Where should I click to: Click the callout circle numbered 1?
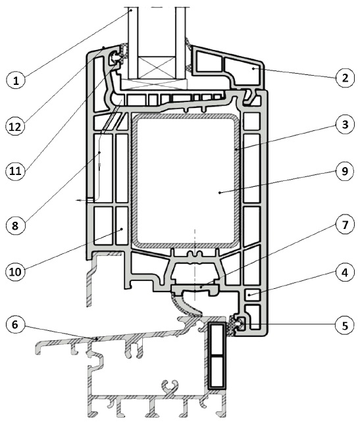coord(16,80)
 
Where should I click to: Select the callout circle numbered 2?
coord(345,78)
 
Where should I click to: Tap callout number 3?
coord(345,124)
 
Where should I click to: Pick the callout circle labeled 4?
coord(345,272)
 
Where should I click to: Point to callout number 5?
coord(345,325)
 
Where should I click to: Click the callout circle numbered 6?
coord(16,324)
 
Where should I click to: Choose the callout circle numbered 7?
coord(345,225)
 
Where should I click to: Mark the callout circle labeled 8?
coord(16,226)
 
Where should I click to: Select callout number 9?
coord(345,171)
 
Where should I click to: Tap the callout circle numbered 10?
coord(16,272)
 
